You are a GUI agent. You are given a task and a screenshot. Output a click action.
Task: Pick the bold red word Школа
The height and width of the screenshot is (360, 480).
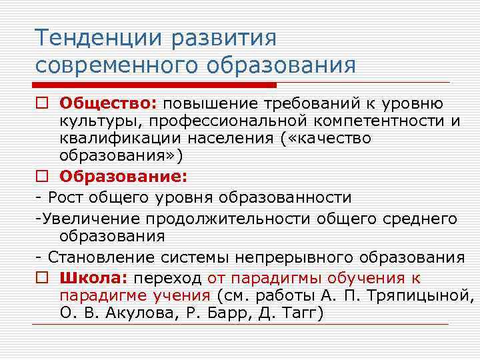pyautogui.click(x=94, y=277)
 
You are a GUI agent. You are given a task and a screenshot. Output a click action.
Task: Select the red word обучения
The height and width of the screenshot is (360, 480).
pyautogui.click(x=363, y=277)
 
